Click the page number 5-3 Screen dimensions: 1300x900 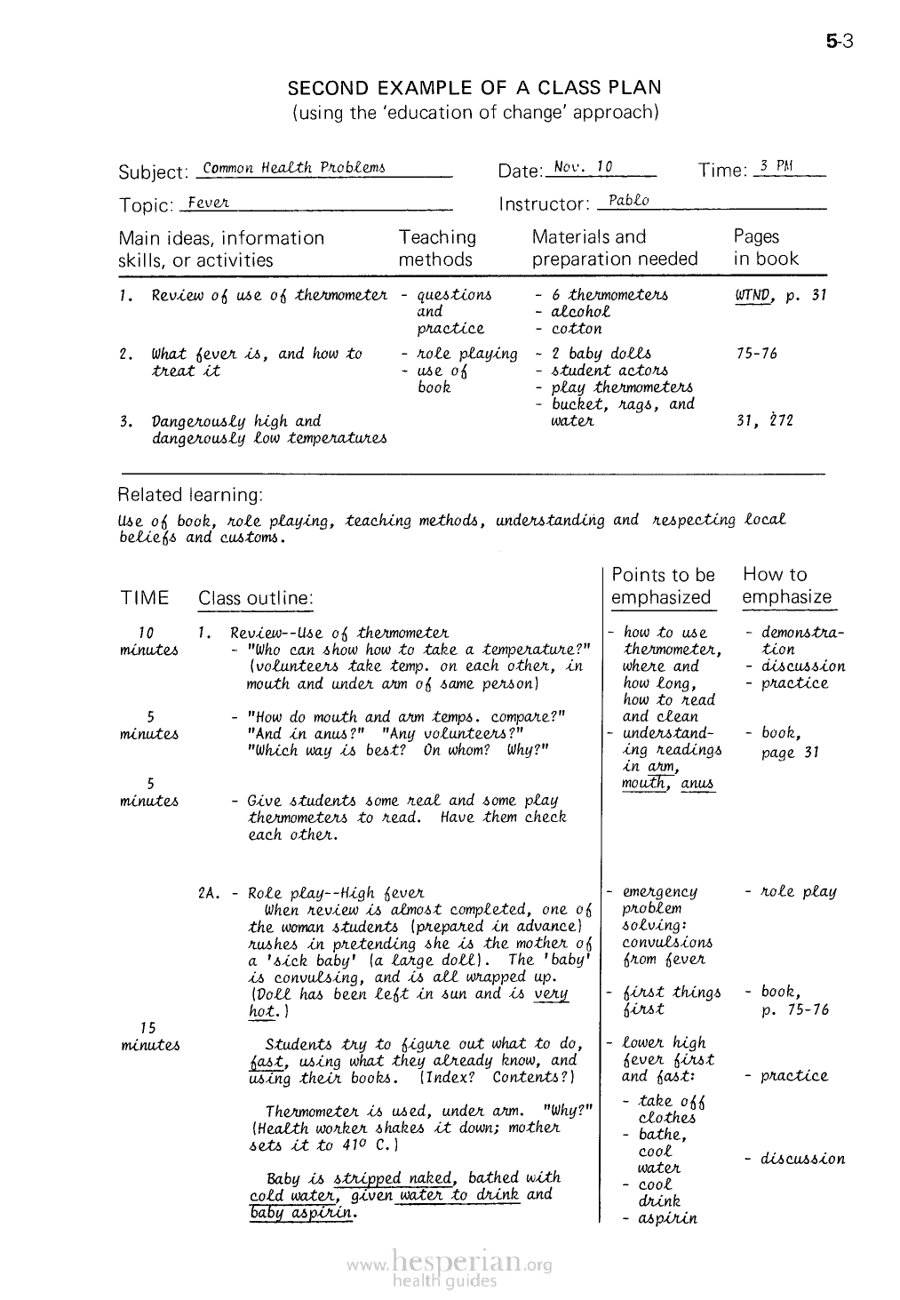tap(838, 40)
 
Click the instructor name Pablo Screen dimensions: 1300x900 tap(628, 201)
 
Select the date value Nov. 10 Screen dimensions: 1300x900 tap(582, 167)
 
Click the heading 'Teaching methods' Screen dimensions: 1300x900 tap(436, 248)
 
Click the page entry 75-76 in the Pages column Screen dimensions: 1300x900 tap(756, 354)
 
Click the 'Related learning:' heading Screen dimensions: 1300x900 tap(190, 494)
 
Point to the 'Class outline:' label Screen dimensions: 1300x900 tap(256, 599)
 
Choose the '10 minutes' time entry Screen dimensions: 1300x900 tap(148, 642)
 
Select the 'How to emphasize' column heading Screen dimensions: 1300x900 tap(786, 586)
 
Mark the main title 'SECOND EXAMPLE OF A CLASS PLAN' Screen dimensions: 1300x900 tap(475, 88)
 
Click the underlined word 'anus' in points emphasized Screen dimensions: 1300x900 tap(697, 784)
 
